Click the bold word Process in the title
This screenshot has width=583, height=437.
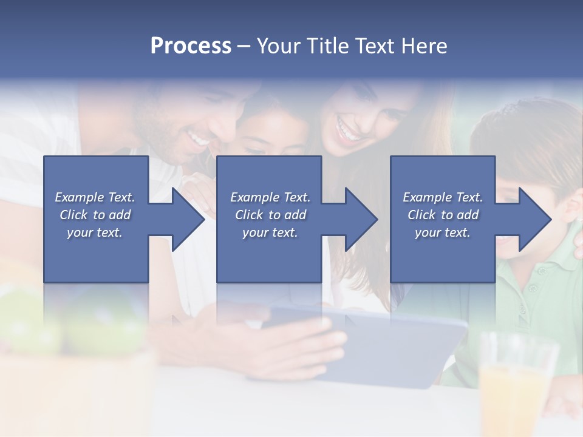coord(191,46)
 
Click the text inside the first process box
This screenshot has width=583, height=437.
coord(95,215)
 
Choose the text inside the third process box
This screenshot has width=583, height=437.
coord(443,215)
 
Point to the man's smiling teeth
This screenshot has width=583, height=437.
coord(197,140)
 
